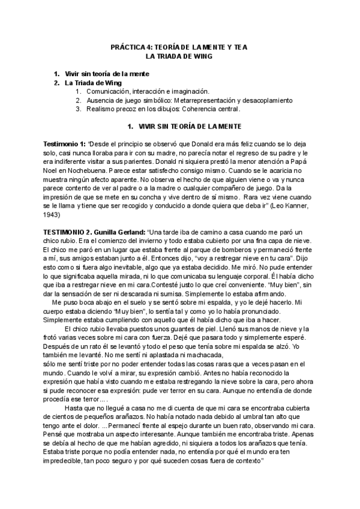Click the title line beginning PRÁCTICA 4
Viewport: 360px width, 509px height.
pos(179,46)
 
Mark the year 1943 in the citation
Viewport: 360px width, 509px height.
pos(52,213)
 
